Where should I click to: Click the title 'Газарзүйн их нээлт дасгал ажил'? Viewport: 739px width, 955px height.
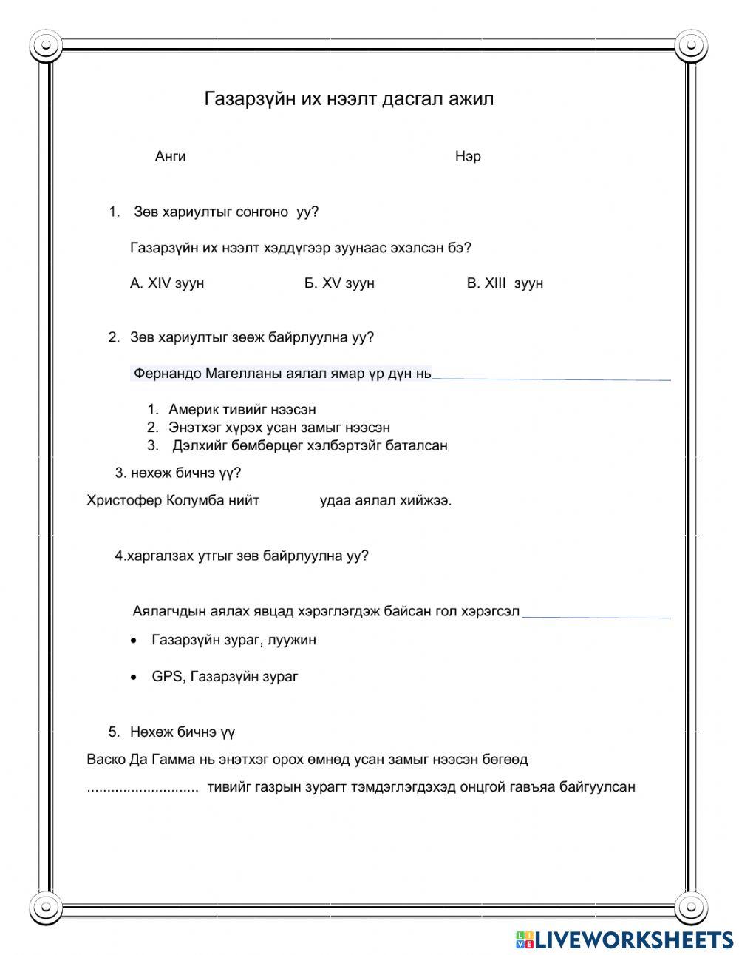(349, 98)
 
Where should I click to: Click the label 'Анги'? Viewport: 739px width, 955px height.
(170, 156)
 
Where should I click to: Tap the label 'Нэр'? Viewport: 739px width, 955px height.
(468, 157)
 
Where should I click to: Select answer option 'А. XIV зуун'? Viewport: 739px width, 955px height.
(167, 283)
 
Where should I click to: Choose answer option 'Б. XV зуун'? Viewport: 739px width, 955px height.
(339, 283)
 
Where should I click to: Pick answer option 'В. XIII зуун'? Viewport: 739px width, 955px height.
(505, 283)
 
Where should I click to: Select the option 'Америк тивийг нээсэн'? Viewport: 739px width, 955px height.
(242, 409)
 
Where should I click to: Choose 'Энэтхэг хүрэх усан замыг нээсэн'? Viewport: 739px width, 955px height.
(279, 428)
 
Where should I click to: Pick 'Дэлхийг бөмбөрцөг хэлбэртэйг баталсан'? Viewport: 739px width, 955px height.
(310, 445)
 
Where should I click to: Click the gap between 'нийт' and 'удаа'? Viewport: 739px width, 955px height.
(290, 501)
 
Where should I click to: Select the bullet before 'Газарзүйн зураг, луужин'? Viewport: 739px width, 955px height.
(133, 641)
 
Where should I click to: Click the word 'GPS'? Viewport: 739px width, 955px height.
(166, 676)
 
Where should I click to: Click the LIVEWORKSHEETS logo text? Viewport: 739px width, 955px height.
(633, 939)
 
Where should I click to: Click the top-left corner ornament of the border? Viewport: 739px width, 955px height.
(47, 46)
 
